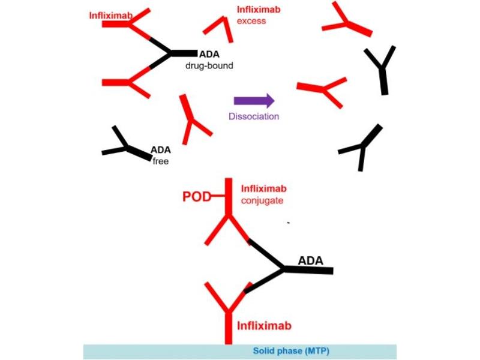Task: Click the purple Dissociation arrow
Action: point(254,101)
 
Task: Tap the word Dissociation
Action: point(254,116)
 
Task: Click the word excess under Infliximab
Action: point(251,21)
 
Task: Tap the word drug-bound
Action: point(209,65)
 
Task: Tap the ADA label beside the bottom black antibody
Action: point(311,260)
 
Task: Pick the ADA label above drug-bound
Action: point(209,54)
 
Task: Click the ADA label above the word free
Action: point(161,149)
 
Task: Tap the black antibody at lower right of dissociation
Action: point(361,148)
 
